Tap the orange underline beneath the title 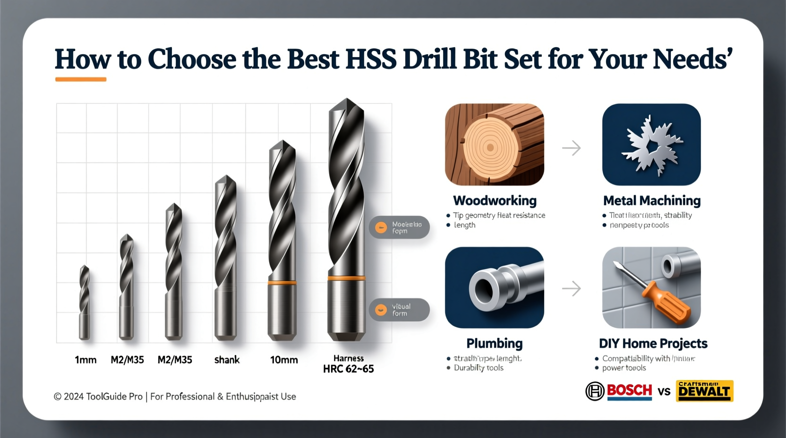click(x=81, y=79)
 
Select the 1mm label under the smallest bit click(x=85, y=360)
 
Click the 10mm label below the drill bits click(x=284, y=360)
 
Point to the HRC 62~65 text click(x=348, y=369)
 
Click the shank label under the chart click(x=227, y=360)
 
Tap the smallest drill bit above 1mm click(x=84, y=302)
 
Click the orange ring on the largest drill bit click(x=346, y=278)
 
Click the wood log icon click(x=494, y=144)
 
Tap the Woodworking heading click(x=495, y=201)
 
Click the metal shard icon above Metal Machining click(x=651, y=144)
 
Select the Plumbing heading click(x=495, y=343)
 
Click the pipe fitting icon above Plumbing click(x=494, y=287)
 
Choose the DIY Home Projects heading click(x=653, y=343)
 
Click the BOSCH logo click(x=619, y=391)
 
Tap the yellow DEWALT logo click(x=704, y=391)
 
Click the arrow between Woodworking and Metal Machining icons click(x=572, y=148)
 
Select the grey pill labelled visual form click(x=399, y=310)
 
